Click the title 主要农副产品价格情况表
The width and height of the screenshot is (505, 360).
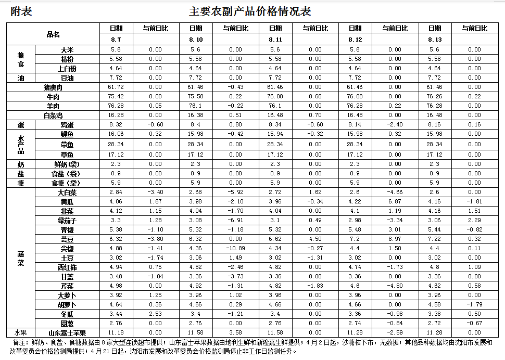tap(250, 11)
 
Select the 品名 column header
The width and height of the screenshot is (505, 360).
tap(53, 34)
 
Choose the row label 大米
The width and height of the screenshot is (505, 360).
tap(67, 49)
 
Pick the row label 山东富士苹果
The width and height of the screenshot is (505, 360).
tap(67, 333)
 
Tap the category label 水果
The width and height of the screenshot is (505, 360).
tap(21, 333)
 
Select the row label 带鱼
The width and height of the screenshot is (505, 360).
tap(67, 144)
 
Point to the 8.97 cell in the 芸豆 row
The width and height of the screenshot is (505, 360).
tap(395, 239)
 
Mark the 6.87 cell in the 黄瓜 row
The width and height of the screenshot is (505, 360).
tap(395, 201)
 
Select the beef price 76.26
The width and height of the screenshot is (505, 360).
tap(434, 96)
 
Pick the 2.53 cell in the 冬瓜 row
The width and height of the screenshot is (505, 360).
tap(155, 314)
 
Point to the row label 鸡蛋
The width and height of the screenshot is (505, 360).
tap(67, 125)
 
